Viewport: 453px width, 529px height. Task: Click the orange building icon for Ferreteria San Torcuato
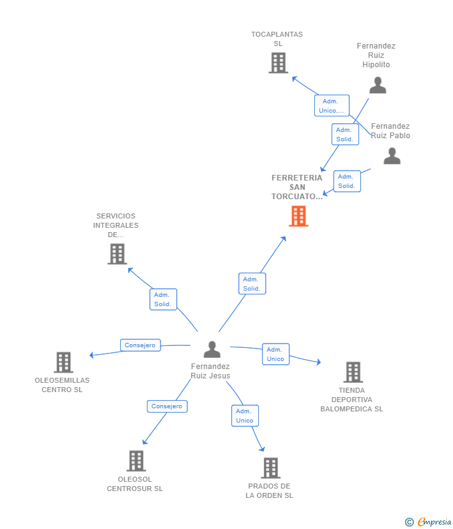299,216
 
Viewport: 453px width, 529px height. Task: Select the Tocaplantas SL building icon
278,63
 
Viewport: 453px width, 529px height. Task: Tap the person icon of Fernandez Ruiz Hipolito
377,85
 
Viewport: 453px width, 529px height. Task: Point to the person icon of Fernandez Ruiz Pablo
392,156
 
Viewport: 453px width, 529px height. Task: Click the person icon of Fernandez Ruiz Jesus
212,350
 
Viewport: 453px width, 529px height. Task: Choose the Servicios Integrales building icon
117,254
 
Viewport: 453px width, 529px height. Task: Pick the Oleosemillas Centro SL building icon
63,362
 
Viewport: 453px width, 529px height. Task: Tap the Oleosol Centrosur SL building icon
136,461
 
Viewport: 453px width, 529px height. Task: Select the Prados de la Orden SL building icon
271,468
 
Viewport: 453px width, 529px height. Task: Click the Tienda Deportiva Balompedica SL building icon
353,372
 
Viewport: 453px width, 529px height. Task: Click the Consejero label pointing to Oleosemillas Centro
141,345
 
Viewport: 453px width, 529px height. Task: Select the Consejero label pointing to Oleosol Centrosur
167,406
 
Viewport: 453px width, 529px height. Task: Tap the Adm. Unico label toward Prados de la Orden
245,416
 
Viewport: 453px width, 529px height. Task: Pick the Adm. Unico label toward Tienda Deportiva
275,354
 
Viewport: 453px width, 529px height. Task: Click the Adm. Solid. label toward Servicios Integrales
163,299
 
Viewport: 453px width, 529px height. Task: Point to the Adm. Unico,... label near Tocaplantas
331,106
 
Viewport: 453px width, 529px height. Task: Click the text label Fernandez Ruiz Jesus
210,371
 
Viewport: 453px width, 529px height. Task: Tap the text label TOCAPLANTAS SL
277,39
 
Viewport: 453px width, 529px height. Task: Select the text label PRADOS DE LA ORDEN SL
269,490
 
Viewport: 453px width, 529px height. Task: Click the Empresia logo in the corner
429,522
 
